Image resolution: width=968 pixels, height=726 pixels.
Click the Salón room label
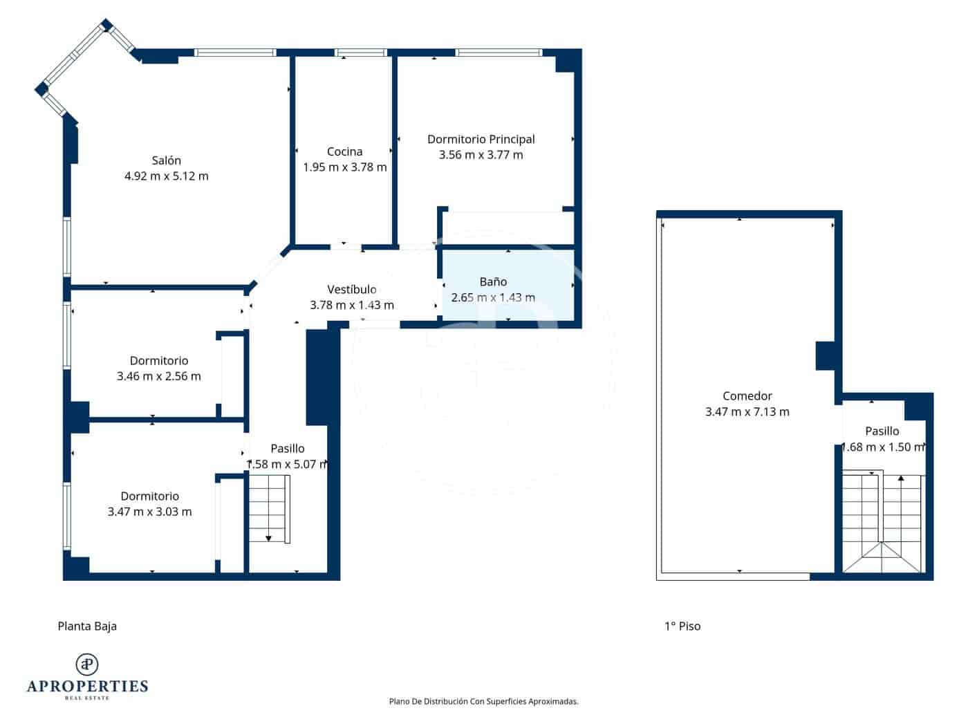click(x=166, y=160)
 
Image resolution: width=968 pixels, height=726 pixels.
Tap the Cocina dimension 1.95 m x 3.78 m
click(x=344, y=167)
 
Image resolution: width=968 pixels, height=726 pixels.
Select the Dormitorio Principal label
click(x=481, y=139)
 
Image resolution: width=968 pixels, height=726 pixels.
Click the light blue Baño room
click(x=508, y=286)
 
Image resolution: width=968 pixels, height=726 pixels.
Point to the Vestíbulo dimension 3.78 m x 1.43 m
click(x=351, y=305)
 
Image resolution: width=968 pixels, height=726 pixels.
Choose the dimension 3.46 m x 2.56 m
click(x=159, y=376)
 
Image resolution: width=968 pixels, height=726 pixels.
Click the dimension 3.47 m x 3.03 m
click(x=149, y=512)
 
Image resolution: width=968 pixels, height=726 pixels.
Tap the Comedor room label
click(x=747, y=396)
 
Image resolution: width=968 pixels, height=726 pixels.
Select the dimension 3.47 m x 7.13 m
click(x=747, y=412)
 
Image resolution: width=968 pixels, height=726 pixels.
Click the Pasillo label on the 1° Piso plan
click(x=882, y=431)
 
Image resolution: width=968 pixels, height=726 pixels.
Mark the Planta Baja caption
click(x=87, y=626)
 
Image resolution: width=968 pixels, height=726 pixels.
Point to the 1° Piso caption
click(x=682, y=626)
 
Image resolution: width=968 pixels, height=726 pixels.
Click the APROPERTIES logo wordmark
click(x=87, y=686)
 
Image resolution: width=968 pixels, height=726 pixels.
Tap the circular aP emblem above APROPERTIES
click(x=87, y=664)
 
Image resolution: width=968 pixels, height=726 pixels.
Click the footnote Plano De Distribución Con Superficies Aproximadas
click(x=483, y=701)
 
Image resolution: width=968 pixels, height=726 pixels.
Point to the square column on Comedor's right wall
click(x=827, y=355)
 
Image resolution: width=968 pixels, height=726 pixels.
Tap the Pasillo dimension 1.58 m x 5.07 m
click(x=288, y=464)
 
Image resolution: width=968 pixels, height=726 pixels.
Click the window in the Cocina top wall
click(x=360, y=53)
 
